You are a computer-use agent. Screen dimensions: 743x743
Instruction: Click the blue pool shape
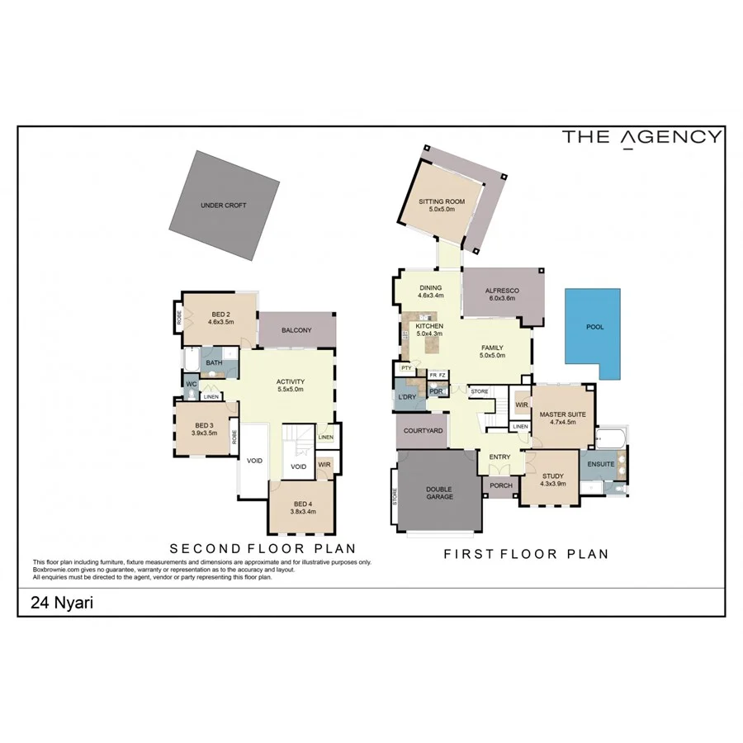coord(592,330)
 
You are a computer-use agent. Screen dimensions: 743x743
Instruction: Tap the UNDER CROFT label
coord(223,206)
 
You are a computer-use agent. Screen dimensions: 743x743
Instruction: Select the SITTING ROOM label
coord(442,201)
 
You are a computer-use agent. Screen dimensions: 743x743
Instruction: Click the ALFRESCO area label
coord(500,290)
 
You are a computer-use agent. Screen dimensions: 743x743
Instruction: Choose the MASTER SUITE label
coord(563,414)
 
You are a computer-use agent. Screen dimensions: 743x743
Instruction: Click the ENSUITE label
coord(601,464)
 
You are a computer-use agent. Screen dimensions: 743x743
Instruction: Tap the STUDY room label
coord(552,476)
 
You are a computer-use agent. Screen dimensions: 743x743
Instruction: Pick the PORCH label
coord(501,485)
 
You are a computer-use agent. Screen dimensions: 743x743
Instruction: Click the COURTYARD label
coord(424,431)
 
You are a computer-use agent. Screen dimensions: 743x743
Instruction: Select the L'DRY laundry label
coord(406,398)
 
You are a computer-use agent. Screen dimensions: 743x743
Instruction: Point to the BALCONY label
coord(296,330)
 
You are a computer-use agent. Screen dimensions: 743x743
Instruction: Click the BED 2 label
coord(220,314)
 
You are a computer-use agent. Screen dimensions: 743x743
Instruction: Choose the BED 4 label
coord(303,504)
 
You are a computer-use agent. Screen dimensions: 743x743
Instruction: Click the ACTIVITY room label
coord(291,381)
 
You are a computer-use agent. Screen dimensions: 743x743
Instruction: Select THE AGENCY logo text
coord(642,137)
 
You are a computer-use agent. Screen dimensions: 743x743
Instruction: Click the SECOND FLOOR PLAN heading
coord(263,548)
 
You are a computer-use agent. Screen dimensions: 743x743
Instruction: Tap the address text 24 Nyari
coord(62,603)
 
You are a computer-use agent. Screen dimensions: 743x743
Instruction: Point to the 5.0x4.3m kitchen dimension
coord(429,334)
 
